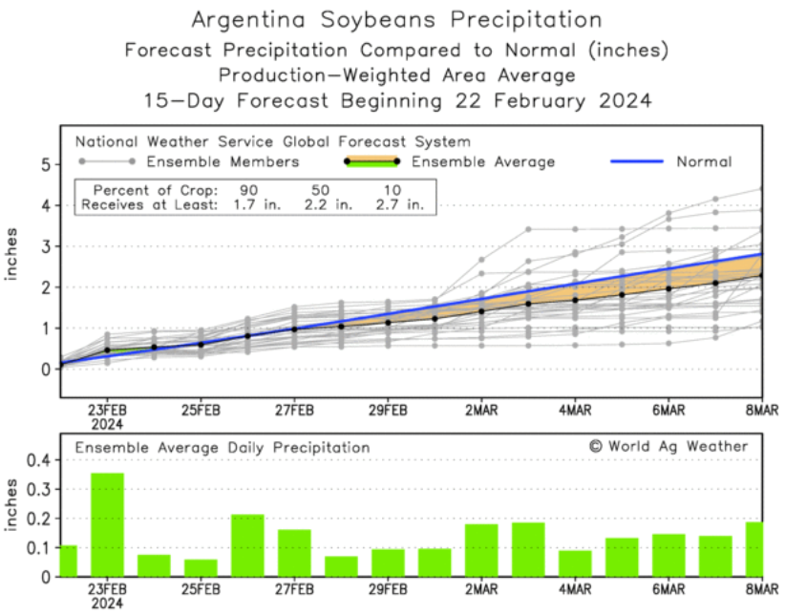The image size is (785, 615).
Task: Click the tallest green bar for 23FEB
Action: pyautogui.click(x=107, y=524)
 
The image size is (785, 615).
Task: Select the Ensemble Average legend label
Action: pyautogui.click(x=483, y=161)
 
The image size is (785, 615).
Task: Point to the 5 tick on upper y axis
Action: pyautogui.click(x=43, y=164)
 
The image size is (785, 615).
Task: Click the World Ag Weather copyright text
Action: pyautogui.click(x=668, y=446)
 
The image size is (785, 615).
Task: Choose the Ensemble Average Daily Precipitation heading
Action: pyautogui.click(x=222, y=446)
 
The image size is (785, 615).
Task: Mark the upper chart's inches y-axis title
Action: pyautogui.click(x=13, y=253)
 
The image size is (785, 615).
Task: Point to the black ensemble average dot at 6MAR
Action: pyautogui.click(x=668, y=288)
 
